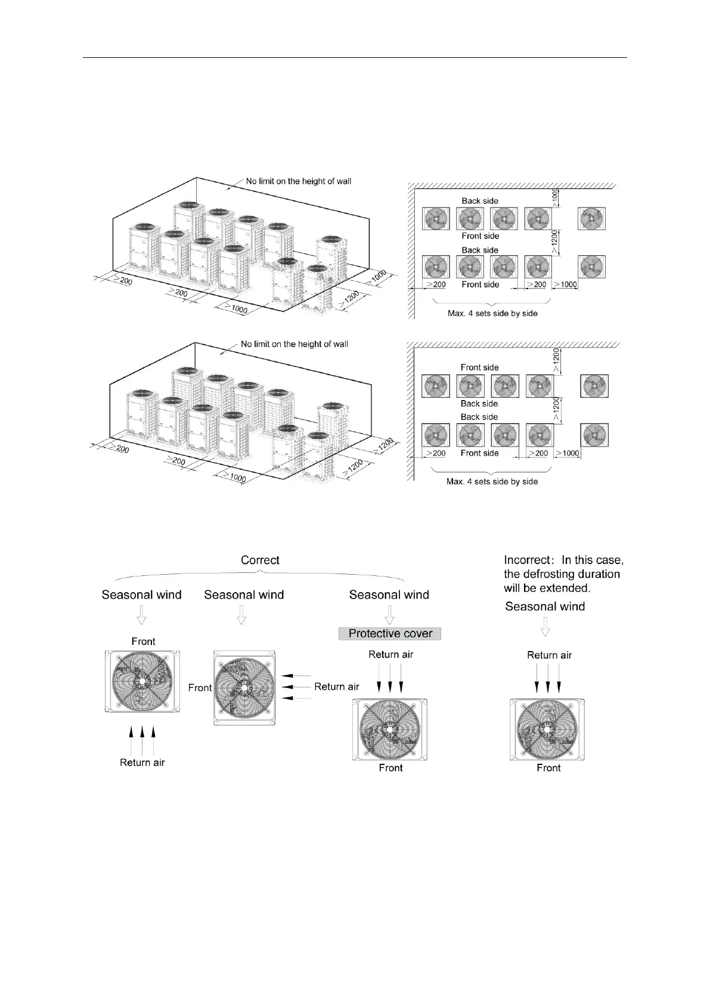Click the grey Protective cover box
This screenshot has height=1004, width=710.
pyautogui.click(x=390, y=633)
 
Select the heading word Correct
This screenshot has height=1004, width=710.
pyautogui.click(x=260, y=560)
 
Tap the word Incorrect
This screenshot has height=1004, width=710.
pyautogui.click(x=527, y=560)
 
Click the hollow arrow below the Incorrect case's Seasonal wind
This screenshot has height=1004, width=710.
pyautogui.click(x=545, y=627)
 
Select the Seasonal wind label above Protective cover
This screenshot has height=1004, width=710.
pyautogui.click(x=389, y=594)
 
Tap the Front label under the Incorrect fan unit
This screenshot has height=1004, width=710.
pyautogui.click(x=548, y=768)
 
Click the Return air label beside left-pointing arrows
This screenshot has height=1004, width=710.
pyautogui.click(x=337, y=687)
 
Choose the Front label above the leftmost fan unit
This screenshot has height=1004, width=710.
pyautogui.click(x=143, y=642)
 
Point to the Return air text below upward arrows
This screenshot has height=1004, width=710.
pyautogui.click(x=142, y=763)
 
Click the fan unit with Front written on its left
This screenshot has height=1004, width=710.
pyautogui.click(x=244, y=687)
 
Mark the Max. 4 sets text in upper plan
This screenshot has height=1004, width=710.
pyautogui.click(x=492, y=313)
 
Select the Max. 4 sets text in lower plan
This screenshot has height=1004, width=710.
pyautogui.click(x=492, y=482)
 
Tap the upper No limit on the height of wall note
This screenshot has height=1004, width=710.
pyautogui.click(x=299, y=181)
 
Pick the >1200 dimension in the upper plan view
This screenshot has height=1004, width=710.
pyautogui.click(x=555, y=242)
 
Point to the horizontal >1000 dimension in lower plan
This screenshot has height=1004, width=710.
pyautogui.click(x=568, y=453)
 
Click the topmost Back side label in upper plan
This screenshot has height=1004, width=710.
pyautogui.click(x=480, y=201)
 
